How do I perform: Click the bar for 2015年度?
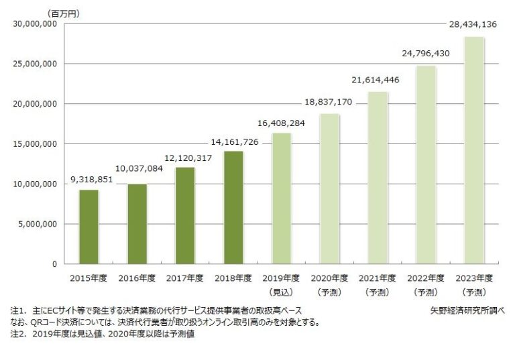(x=89, y=227)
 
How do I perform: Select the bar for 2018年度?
(x=233, y=207)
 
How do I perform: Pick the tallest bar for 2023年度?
(x=474, y=150)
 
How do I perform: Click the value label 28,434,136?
(x=473, y=25)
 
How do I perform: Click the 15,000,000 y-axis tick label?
(x=34, y=144)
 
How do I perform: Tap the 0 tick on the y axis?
(x=54, y=264)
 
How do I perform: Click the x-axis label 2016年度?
(x=137, y=278)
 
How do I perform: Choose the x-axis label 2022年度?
(x=425, y=278)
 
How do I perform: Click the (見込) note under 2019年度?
(x=281, y=292)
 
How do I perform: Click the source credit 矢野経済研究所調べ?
(x=468, y=311)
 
